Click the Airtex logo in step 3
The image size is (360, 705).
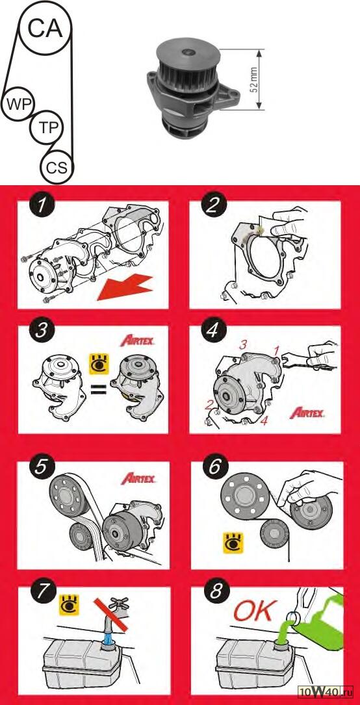pos(138,341)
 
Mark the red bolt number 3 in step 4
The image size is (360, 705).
pos(243,345)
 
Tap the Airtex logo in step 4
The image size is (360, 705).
pos(307,413)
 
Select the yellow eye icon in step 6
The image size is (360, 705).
pos(234,543)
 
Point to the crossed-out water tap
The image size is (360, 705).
pos(115,614)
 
